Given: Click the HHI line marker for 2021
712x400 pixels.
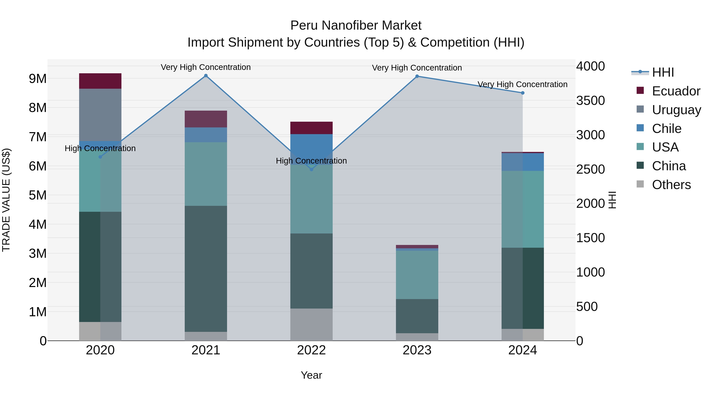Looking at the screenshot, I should coord(206,76).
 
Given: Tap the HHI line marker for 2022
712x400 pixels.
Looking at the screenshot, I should coord(311,169).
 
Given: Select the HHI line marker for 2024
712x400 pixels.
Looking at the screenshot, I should coord(523,93).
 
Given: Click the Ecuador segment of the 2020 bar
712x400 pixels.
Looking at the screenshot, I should coord(100,81).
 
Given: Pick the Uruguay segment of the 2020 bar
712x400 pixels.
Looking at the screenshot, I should coord(100,115).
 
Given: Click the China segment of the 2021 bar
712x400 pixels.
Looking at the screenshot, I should coord(206,269).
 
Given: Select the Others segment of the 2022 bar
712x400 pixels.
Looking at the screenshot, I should coord(311,325).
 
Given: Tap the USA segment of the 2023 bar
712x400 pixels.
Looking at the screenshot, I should coord(417,275).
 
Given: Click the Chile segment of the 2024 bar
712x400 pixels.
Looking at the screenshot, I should coord(523,162).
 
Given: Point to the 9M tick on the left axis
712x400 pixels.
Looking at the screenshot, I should coord(38,79).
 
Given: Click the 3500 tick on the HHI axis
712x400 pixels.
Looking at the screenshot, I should coord(590,101).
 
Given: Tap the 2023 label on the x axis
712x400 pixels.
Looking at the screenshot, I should coord(417,350).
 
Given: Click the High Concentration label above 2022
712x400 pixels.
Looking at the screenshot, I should coord(311,161).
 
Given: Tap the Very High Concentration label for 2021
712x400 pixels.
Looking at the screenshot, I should coord(206,67).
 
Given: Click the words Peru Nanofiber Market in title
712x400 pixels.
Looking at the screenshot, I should coord(356,25).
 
